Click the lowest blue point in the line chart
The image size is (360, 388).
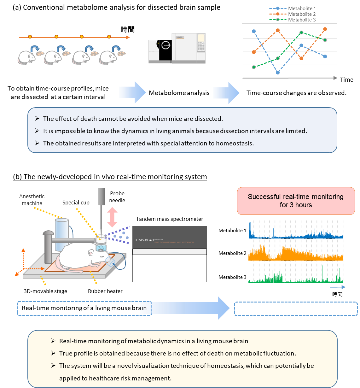point(278,73)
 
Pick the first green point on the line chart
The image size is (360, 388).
point(254,67)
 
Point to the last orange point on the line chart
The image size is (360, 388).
point(325,29)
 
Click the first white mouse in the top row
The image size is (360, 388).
point(26,58)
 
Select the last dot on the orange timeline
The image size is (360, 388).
point(109,37)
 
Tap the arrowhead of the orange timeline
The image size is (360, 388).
point(128,38)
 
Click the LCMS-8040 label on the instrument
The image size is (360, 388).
point(144,240)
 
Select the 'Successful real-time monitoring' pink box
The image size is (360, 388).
point(296,201)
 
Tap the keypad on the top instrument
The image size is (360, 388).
point(200,47)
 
